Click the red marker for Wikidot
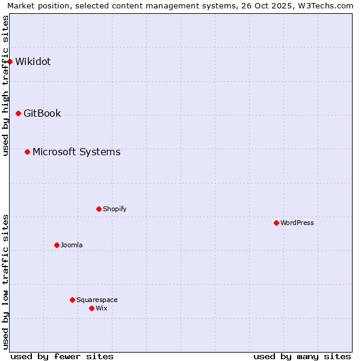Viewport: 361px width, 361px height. click(x=10, y=61)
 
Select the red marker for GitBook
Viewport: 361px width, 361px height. click(x=18, y=113)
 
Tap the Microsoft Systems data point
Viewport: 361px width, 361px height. click(x=27, y=152)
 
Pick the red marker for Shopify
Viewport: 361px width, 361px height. click(x=99, y=209)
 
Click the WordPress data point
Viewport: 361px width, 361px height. click(x=276, y=223)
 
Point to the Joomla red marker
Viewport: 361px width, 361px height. click(x=57, y=245)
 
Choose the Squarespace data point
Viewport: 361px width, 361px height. click(x=72, y=300)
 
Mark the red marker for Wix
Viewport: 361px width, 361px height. click(x=91, y=308)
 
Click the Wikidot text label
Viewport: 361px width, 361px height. click(x=33, y=61)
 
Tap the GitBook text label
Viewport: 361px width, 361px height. click(x=42, y=113)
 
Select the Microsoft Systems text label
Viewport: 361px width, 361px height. click(x=76, y=152)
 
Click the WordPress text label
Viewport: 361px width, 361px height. click(x=297, y=223)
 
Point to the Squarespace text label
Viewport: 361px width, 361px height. click(x=97, y=300)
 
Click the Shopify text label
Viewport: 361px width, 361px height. click(x=114, y=209)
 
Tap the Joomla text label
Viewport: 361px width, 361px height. click(x=72, y=245)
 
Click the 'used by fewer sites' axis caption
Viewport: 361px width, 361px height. click(x=62, y=356)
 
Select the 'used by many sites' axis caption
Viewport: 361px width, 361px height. click(x=302, y=356)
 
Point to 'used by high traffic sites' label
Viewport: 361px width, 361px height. click(x=5, y=85)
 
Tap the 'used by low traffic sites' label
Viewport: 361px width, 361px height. click(x=5, y=282)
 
